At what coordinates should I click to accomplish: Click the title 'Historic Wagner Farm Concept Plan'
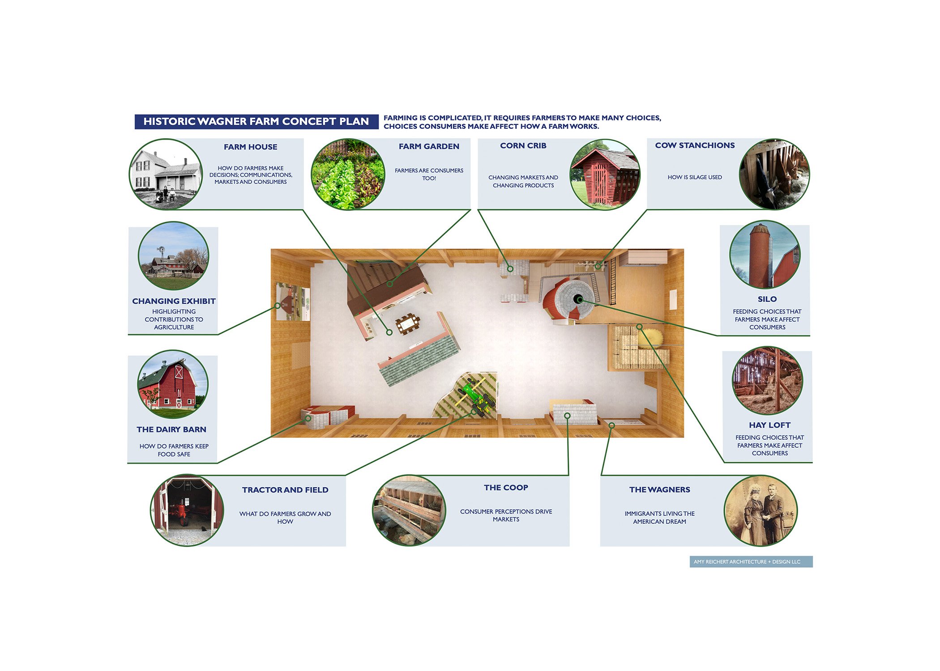[256, 121]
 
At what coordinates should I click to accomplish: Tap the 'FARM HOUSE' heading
[250, 147]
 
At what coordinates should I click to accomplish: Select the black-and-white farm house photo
[166, 174]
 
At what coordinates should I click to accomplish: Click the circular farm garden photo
[348, 174]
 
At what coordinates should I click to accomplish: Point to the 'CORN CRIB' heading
[523, 145]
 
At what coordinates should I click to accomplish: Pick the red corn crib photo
[605, 174]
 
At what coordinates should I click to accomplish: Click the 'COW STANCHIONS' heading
[695, 145]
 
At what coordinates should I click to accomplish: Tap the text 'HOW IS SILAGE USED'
[695, 177]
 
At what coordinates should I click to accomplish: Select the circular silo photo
[765, 255]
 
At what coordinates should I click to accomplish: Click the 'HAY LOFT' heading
[769, 425]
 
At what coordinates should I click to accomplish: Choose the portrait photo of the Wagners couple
[761, 511]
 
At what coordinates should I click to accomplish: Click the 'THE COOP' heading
[506, 487]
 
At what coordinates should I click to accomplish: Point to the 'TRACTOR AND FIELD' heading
[285, 490]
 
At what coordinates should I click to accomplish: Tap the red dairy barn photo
[172, 385]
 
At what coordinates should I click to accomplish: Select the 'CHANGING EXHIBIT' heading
[174, 301]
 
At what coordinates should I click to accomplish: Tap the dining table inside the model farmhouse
[408, 323]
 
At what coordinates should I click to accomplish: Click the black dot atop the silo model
[578, 299]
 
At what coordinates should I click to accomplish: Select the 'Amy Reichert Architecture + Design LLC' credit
[751, 561]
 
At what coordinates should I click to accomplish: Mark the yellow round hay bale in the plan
[650, 338]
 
